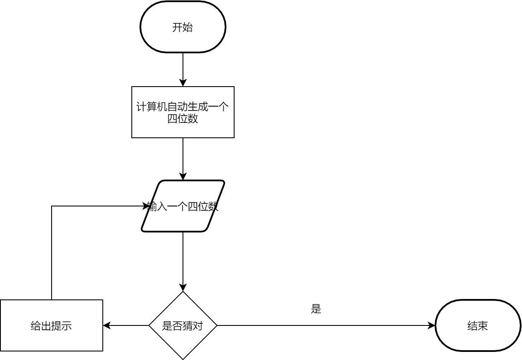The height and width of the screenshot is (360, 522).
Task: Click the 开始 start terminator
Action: pos(183,27)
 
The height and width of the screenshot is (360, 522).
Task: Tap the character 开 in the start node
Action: pos(177,28)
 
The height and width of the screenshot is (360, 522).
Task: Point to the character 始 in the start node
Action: pos(188,28)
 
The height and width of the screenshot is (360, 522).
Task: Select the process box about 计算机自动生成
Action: pos(183,112)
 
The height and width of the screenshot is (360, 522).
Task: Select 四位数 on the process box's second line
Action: pos(183,119)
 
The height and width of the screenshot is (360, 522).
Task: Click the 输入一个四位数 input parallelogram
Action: pos(183,206)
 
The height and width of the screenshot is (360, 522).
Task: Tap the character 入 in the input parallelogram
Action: pos(162,207)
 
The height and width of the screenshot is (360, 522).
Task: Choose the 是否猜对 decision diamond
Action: pos(183,325)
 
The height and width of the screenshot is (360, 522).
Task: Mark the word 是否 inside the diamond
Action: pos(172,326)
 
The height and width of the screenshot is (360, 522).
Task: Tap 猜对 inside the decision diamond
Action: pos(193,326)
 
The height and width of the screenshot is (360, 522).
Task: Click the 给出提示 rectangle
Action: pos(51,325)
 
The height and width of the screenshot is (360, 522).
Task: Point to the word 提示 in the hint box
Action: pos(61,326)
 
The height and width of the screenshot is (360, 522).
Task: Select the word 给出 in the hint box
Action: pos(41,326)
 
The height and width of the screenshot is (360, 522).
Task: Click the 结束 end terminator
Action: pos(478,325)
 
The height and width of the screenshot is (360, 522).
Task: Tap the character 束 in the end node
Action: pos(483,326)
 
